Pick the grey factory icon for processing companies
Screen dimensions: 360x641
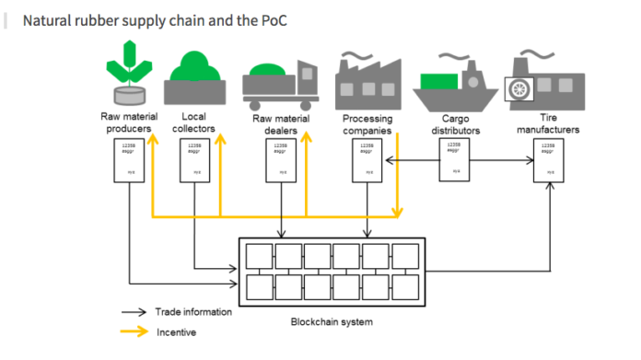click(x=368, y=79)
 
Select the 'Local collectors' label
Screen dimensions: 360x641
click(x=193, y=123)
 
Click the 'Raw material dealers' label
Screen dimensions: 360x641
click(x=280, y=124)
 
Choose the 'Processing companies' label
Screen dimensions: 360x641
click(x=368, y=124)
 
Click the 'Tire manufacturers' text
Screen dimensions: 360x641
click(x=548, y=124)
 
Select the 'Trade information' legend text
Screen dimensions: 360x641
click(x=193, y=312)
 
